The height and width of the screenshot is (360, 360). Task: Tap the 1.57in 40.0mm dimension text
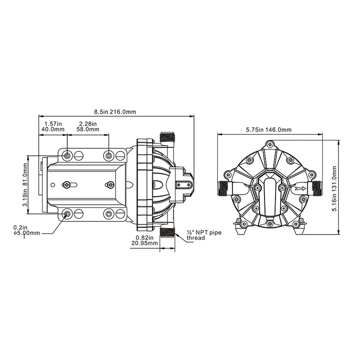pos(53,126)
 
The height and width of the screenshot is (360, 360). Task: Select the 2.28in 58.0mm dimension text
pos(88,126)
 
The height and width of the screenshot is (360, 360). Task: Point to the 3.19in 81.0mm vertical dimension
pos(25,184)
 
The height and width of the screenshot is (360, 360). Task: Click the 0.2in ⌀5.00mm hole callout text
pos(27,230)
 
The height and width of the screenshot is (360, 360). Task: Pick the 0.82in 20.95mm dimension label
pos(144,240)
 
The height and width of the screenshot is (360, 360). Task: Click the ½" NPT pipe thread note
pos(204,235)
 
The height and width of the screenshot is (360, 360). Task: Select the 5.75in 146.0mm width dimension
pos(269,130)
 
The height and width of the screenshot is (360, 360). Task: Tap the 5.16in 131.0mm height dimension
pos(334,189)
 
